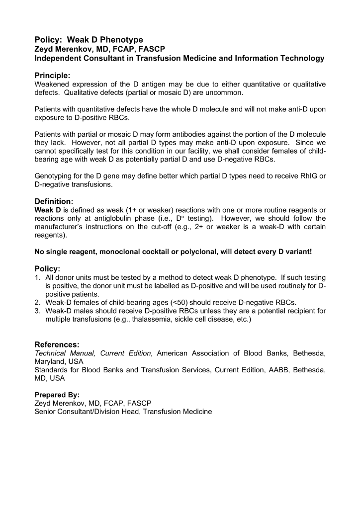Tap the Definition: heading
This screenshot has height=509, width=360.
[x=54, y=201]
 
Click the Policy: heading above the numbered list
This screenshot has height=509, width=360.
[x=47, y=268]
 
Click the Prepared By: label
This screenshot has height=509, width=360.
[x=57, y=395]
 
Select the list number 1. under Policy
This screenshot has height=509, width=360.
[x=38, y=277]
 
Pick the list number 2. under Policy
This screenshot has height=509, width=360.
[x=38, y=302]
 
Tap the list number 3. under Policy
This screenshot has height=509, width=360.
[x=38, y=311]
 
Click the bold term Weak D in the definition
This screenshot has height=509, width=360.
[x=48, y=210]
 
